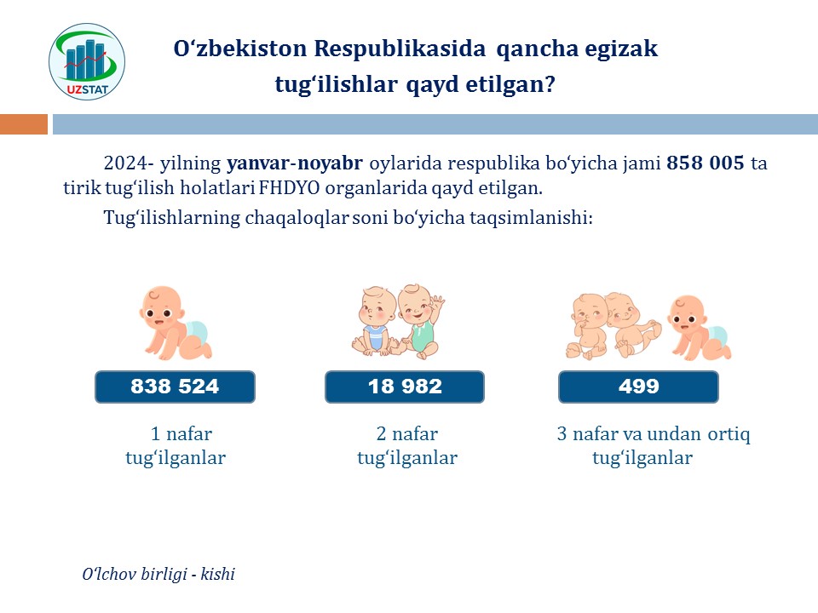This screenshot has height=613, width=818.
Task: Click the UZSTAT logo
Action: point(87,61)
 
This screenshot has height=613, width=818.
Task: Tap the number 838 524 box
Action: point(175,387)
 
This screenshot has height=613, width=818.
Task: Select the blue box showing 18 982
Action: point(405,387)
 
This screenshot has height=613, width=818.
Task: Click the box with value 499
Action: point(638,387)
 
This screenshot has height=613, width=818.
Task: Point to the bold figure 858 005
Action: point(706,163)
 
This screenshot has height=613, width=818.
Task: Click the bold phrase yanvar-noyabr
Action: point(295,163)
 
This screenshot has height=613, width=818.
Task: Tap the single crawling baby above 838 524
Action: point(175,323)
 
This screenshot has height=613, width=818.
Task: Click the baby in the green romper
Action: point(420,321)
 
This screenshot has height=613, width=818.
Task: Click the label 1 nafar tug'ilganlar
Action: point(176,445)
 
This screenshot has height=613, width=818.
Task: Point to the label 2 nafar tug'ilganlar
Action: point(407,445)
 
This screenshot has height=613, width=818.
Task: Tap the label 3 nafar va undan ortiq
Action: point(654,433)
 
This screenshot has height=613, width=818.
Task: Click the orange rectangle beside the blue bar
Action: point(24,124)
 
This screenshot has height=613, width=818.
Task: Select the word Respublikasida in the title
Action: point(400,49)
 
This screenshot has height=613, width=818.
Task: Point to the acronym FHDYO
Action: point(289,187)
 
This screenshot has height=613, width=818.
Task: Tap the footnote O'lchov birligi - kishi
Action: point(158,574)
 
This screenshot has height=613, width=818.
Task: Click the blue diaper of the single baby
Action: point(197,333)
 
